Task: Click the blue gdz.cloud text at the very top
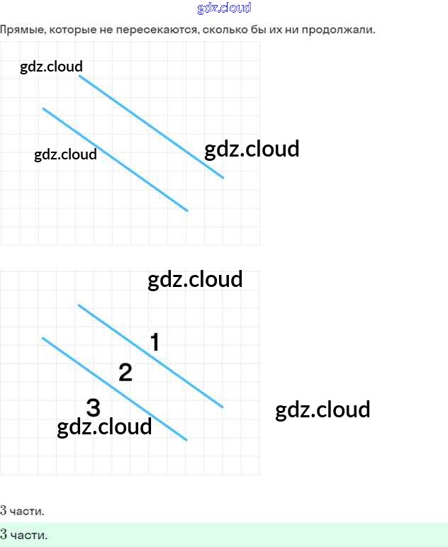tap(224, 9)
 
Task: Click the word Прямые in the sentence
tap(22, 30)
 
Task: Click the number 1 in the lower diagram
tap(155, 343)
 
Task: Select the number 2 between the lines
tap(125, 372)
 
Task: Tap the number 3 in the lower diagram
tap(93, 407)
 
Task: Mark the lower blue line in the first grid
tap(115, 159)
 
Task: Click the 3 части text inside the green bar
tap(24, 534)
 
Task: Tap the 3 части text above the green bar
tap(23, 510)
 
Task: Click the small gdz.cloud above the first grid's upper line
tap(52, 67)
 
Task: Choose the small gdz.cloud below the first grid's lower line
tap(65, 154)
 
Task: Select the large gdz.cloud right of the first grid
tap(252, 150)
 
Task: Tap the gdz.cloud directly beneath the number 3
tap(104, 427)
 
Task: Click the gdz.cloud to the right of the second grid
tap(323, 410)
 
